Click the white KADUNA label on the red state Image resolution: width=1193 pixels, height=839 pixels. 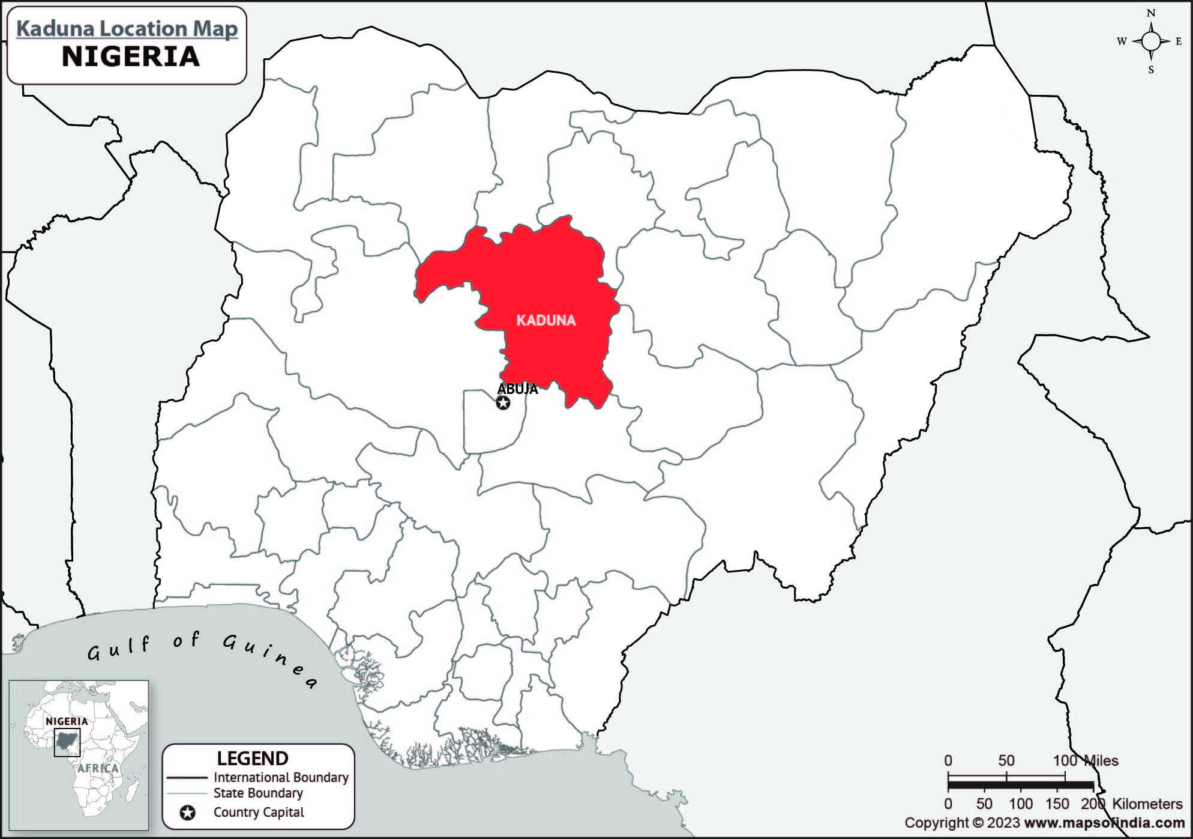click(x=545, y=320)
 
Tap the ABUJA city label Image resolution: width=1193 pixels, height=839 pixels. click(x=517, y=389)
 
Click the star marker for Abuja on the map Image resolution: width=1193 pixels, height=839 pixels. click(x=503, y=403)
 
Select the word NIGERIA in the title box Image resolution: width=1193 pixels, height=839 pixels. click(x=131, y=56)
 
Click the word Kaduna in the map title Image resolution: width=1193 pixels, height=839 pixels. click(x=56, y=28)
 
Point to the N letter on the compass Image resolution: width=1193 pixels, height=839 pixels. click(x=1150, y=13)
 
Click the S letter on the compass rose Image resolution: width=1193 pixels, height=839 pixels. click(x=1150, y=70)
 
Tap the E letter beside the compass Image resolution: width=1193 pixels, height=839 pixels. click(x=1178, y=41)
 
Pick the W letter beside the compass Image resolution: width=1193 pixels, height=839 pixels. click(x=1122, y=41)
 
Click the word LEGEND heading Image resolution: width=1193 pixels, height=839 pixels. click(x=253, y=759)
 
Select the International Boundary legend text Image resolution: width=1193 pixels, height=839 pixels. click(x=281, y=777)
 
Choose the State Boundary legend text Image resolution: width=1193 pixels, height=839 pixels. click(x=258, y=793)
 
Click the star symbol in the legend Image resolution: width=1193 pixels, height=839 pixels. click(x=188, y=813)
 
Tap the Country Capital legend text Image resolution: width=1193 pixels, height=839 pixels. click(x=259, y=813)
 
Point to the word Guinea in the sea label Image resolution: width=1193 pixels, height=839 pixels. click(x=270, y=661)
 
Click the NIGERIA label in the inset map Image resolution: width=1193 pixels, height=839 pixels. click(x=67, y=721)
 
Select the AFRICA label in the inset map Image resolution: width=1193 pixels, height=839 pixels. click(x=98, y=768)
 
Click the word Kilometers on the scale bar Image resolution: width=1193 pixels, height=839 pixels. click(x=1147, y=804)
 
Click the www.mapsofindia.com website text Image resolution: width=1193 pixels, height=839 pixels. click(x=1104, y=823)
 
